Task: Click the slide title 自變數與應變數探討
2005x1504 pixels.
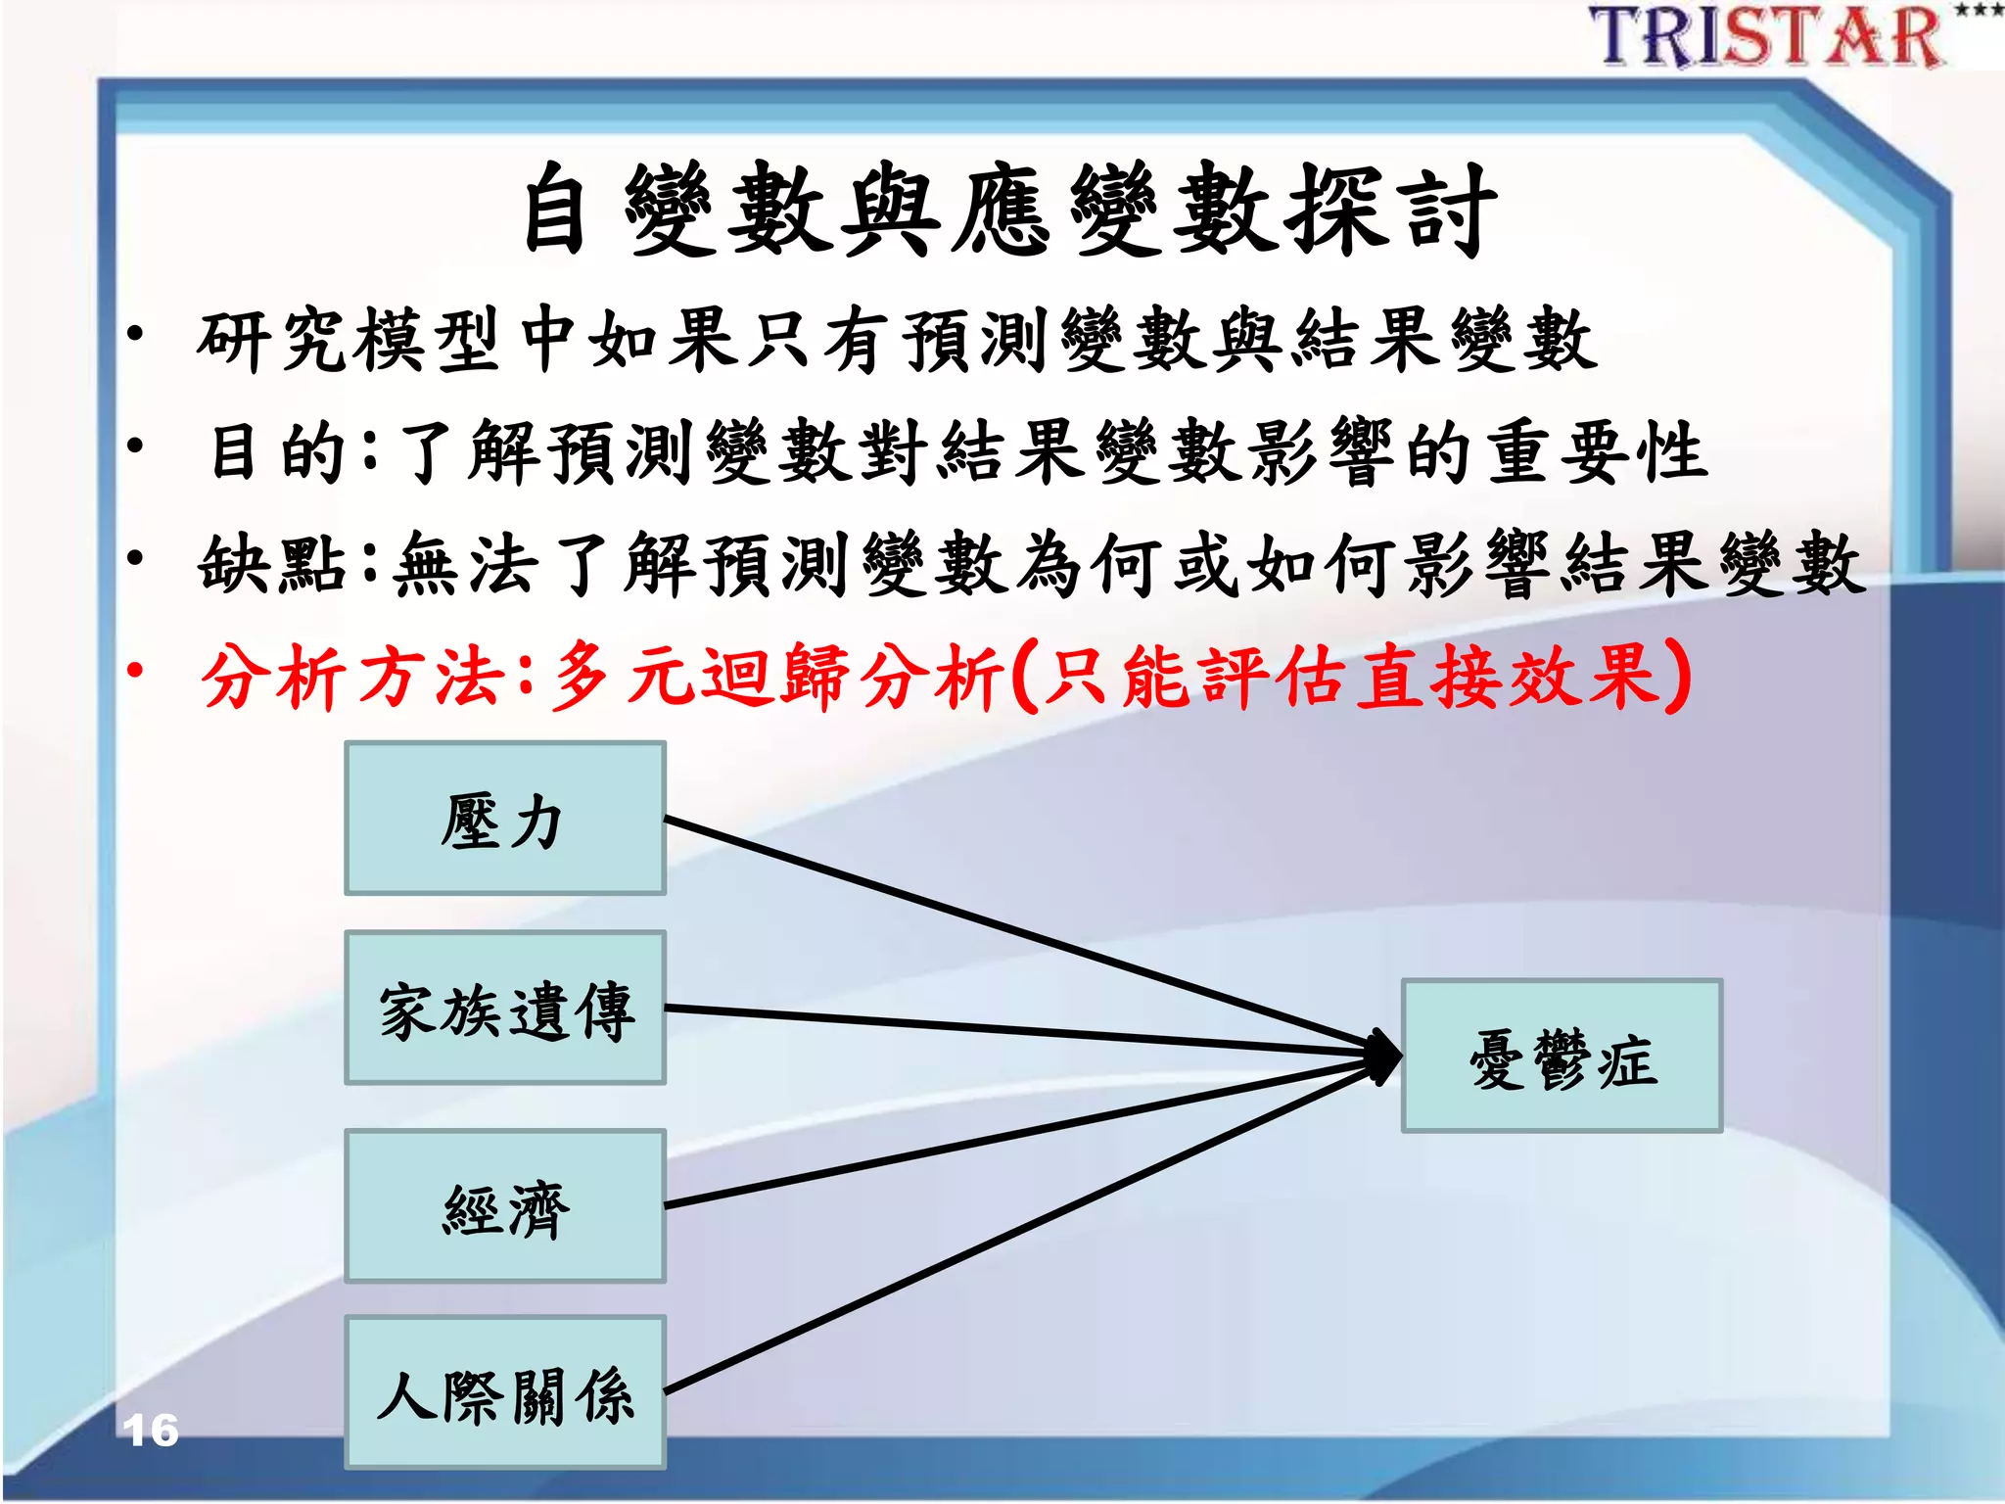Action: pyautogui.click(x=1008, y=211)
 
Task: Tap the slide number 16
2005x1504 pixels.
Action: pyautogui.click(x=151, y=1431)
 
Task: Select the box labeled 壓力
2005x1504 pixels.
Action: pyautogui.click(x=504, y=819)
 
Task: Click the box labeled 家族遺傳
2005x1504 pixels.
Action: pyautogui.click(x=504, y=1009)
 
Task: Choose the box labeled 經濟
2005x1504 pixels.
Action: pyautogui.click(x=504, y=1206)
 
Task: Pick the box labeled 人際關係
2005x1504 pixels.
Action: pyautogui.click(x=504, y=1393)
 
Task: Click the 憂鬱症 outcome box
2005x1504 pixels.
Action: pyautogui.click(x=1562, y=1057)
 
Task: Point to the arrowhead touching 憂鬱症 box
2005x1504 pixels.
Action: pyautogui.click(x=1384, y=1057)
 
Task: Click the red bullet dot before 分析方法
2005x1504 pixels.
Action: pyautogui.click(x=136, y=672)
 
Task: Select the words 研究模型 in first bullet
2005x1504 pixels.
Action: pyautogui.click(x=348, y=340)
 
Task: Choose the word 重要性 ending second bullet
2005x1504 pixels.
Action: pyautogui.click(x=1598, y=452)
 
